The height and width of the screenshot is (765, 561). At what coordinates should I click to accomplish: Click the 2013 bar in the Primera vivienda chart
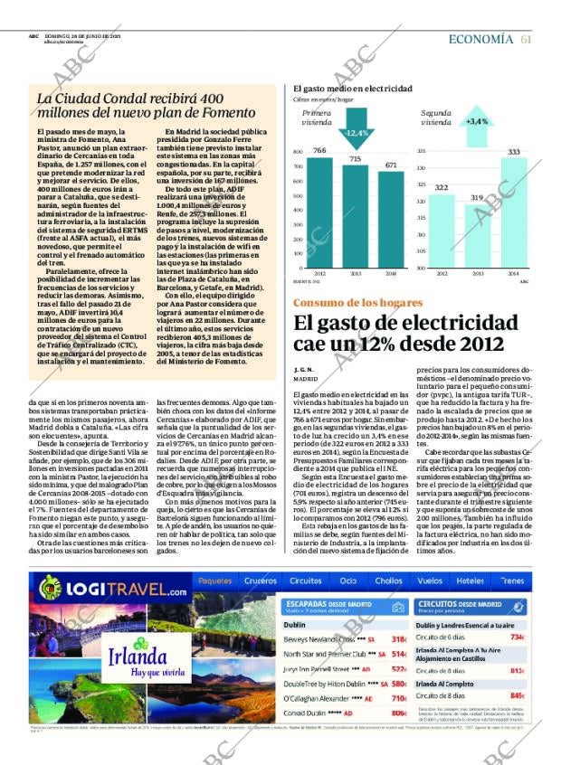tap(356, 217)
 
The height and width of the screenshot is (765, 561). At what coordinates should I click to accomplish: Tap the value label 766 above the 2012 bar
tap(319, 150)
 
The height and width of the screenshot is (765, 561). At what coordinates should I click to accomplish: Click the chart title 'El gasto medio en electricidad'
tap(353, 89)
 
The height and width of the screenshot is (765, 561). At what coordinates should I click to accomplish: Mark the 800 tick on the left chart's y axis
tap(299, 152)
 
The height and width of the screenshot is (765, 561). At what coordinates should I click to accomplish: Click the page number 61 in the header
tap(526, 39)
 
